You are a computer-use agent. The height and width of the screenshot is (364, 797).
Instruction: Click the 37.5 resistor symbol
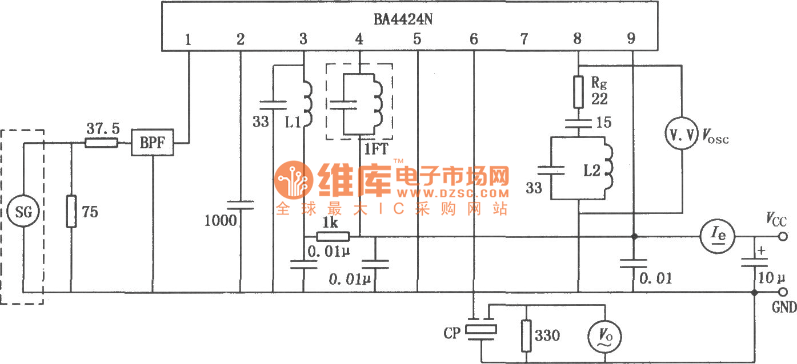click(x=102, y=143)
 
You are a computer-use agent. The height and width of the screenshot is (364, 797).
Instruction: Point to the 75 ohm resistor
click(x=71, y=212)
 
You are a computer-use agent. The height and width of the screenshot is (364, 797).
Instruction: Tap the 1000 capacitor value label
click(x=220, y=220)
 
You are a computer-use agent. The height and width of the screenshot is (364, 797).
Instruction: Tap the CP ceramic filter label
click(x=451, y=333)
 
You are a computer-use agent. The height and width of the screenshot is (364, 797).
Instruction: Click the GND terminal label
click(x=784, y=308)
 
